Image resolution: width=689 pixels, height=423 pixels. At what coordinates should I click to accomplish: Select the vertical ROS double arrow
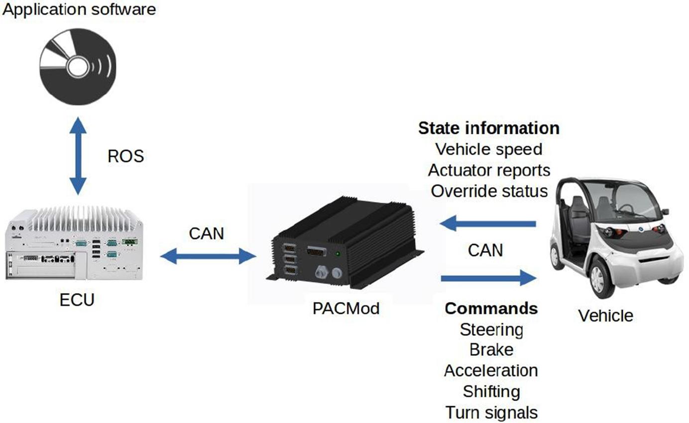click(x=78, y=157)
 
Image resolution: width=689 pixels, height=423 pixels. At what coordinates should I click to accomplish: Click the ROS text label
click(x=125, y=156)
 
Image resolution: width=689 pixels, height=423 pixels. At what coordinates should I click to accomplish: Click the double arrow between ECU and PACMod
click(x=208, y=257)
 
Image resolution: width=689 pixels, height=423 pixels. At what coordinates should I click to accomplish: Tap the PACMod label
click(x=346, y=309)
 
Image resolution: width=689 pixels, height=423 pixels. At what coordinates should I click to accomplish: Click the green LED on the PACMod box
click(x=338, y=254)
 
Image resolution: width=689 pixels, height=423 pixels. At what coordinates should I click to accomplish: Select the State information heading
click(x=488, y=128)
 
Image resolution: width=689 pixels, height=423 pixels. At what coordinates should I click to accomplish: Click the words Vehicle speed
click(x=488, y=149)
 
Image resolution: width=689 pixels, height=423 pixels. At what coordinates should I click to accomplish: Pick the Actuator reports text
click(x=488, y=170)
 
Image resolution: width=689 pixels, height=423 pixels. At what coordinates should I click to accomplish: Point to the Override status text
click(x=489, y=191)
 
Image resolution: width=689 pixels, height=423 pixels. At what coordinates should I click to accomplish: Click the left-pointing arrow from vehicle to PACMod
click(x=488, y=224)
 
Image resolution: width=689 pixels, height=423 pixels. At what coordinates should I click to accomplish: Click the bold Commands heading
click(x=491, y=309)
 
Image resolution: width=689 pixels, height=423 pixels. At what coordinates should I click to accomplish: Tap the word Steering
click(x=491, y=329)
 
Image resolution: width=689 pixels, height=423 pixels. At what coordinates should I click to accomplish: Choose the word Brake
click(x=491, y=350)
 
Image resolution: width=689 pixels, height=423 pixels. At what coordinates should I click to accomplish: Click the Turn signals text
click(x=491, y=413)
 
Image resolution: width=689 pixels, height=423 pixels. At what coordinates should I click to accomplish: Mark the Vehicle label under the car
click(x=605, y=315)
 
